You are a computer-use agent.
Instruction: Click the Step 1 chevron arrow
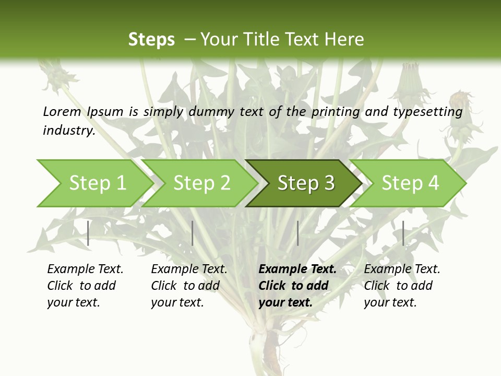(97, 183)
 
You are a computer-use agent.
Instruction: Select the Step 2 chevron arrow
(201, 183)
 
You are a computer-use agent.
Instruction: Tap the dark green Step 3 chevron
(305, 183)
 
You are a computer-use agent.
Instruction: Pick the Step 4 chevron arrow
(410, 183)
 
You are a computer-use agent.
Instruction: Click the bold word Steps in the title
(151, 40)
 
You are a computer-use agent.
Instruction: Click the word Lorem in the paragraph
(62, 111)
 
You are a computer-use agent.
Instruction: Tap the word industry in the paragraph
(68, 130)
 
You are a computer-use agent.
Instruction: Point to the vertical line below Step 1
(88, 233)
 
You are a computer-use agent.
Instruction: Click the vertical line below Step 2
(193, 233)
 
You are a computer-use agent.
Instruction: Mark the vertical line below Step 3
(297, 233)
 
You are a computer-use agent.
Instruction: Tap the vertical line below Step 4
(403, 233)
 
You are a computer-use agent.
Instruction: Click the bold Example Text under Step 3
(297, 269)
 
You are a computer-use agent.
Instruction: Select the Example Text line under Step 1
(85, 269)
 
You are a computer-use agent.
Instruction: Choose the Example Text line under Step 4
(402, 269)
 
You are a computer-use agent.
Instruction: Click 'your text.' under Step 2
(177, 302)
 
